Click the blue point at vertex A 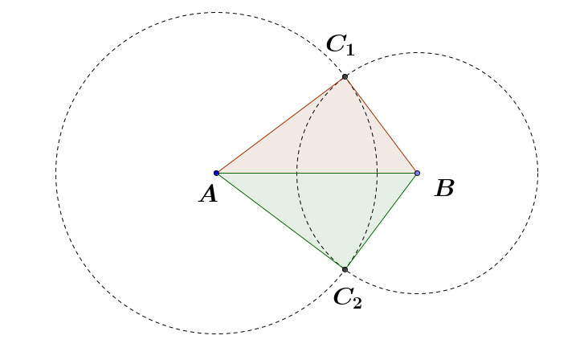(217, 173)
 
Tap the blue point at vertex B (417, 173)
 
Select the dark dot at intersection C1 (345, 76)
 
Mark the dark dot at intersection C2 (345, 269)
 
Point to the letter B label (444, 189)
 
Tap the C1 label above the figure (339, 44)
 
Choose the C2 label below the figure (347, 297)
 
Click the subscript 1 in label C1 (349, 48)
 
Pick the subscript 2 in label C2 (356, 302)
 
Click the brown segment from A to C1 (281, 125)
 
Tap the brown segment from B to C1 (381, 125)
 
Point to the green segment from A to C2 (281, 221)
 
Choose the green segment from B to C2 (381, 221)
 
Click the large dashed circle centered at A (56, 173)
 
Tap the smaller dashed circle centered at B (537, 173)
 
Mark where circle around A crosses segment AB (378, 173)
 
